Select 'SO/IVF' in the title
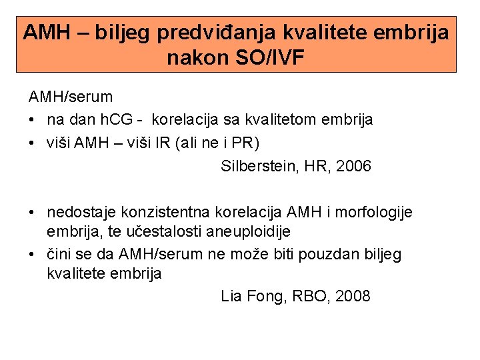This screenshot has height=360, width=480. click(x=271, y=58)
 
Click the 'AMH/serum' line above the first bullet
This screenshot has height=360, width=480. click(x=70, y=97)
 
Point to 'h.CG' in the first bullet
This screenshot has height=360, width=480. click(x=116, y=120)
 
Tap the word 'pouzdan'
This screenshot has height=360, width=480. click(x=327, y=254)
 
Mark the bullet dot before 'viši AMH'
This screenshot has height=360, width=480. click(x=31, y=143)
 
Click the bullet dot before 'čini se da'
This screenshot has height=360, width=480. click(x=31, y=254)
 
